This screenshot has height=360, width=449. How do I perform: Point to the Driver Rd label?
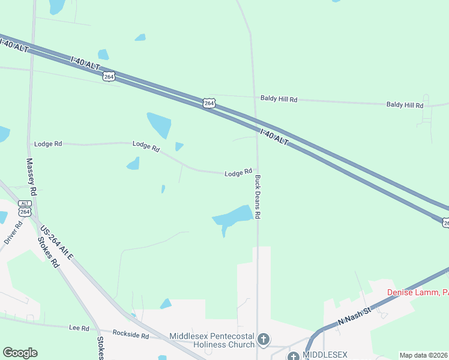[13, 233]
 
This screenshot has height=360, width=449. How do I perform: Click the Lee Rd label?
[79, 328]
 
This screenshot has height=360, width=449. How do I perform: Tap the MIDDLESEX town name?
[325, 355]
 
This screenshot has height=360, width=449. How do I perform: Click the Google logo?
[19, 353]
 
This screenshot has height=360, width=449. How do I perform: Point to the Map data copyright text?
[424, 355]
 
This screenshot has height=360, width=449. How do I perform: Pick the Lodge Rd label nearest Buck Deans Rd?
[238, 173]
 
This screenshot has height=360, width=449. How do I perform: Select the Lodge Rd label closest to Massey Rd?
[48, 144]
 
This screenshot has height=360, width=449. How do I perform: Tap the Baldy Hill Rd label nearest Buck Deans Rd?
[279, 98]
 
